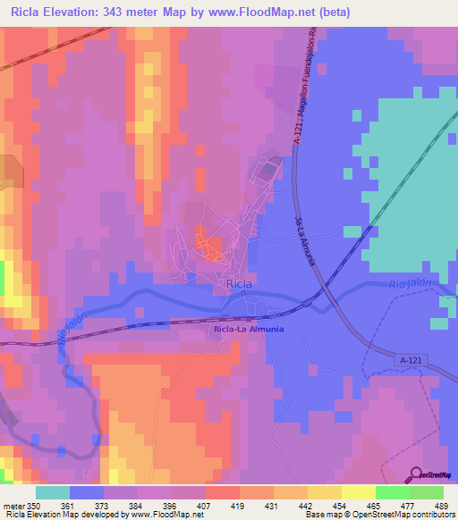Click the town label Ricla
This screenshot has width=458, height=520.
pyautogui.click(x=238, y=284)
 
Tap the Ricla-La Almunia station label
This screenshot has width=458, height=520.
pyautogui.click(x=250, y=329)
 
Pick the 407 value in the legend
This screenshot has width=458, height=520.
pyautogui.click(x=205, y=506)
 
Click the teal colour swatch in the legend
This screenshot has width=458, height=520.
pyautogui.click(x=52, y=492)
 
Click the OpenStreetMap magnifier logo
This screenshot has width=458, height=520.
pyautogui.click(x=418, y=474)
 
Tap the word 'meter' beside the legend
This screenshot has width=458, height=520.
pyautogui.click(x=13, y=506)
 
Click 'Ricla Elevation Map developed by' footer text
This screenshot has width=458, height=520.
pyautogui.click(x=63, y=515)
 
